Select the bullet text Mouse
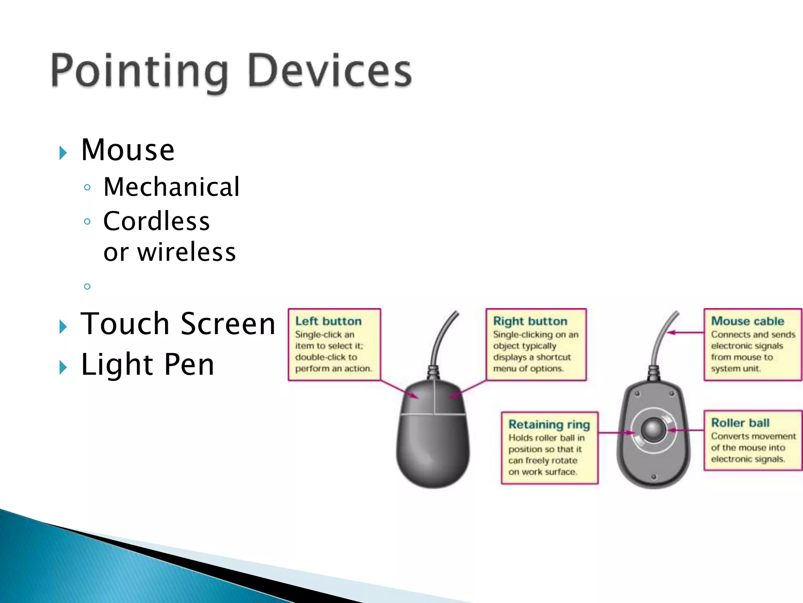coord(128,150)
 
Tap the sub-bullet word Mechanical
coord(171,187)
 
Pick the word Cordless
coord(156,221)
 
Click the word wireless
coord(187,252)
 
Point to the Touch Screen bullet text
coord(178,324)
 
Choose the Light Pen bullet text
coord(147,365)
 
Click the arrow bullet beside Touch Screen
coord(63,327)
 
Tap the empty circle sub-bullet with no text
coord(87,287)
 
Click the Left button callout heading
coord(328,321)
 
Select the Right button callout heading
coord(530,321)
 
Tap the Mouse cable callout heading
coord(747,321)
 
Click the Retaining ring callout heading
coord(549,424)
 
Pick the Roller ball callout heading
coord(740,423)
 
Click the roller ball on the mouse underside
coord(653,430)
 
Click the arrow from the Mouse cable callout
coord(686,333)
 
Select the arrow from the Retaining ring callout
coord(616,433)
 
